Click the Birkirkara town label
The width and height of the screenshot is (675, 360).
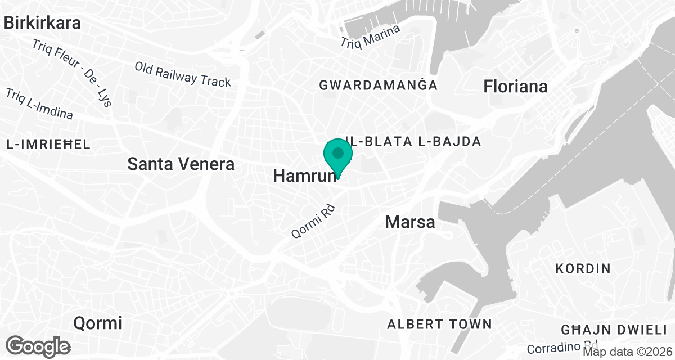42,23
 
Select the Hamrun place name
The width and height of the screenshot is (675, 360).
304,175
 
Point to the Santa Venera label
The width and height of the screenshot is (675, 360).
181,164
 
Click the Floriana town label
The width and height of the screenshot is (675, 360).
515,87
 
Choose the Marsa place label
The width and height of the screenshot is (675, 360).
410,222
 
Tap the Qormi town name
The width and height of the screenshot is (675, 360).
98,323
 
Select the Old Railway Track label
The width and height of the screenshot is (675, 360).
183,74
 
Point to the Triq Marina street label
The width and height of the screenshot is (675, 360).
371,36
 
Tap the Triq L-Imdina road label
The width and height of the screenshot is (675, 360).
39,103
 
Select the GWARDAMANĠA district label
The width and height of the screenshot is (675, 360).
378,85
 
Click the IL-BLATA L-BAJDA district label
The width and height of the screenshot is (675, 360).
413,141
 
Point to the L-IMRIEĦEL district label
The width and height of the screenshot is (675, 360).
48,145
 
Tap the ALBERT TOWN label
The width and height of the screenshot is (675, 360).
439,324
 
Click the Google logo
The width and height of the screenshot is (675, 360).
38,346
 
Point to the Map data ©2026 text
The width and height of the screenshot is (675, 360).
628,352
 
